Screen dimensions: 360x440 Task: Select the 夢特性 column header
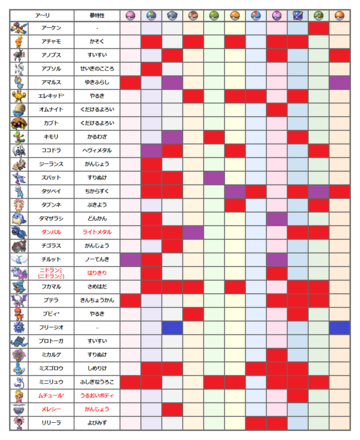tap(96, 16)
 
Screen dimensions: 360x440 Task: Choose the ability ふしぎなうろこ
tap(96, 381)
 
